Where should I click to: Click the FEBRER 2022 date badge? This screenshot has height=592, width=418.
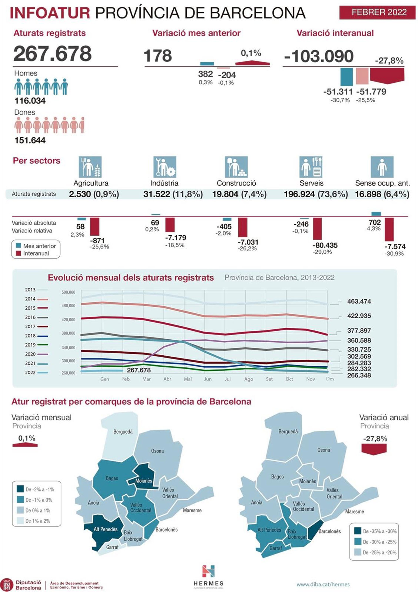[379, 12]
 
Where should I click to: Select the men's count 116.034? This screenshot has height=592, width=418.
[30, 101]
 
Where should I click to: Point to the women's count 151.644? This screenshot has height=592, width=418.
[30, 140]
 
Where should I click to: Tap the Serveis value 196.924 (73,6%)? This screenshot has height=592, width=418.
[316, 194]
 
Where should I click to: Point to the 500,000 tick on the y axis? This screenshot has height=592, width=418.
[68, 292]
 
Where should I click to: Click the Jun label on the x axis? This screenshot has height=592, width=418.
[208, 379]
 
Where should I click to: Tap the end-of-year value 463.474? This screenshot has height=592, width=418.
[359, 301]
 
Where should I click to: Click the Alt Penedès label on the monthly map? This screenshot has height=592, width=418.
[105, 527]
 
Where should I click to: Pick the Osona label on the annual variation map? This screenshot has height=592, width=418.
[324, 450]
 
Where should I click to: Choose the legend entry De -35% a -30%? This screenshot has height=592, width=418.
[379, 531]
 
